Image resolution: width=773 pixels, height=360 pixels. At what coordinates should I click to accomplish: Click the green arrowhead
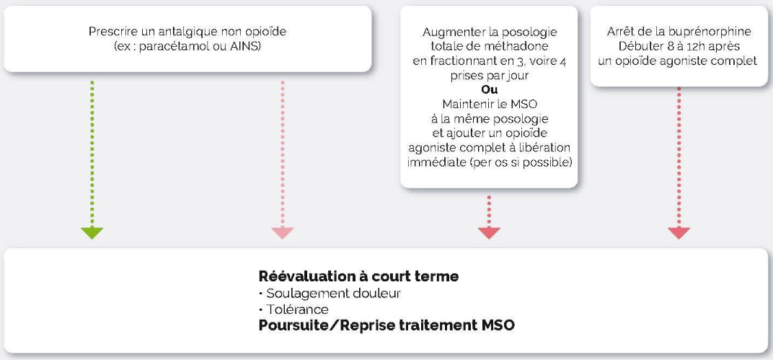coord(92,233)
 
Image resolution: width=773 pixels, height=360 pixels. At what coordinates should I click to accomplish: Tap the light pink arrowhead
coord(283,233)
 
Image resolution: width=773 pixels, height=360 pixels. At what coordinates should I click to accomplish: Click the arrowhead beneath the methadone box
coord(489,233)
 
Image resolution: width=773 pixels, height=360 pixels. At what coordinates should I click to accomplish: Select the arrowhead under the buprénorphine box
coord(679,233)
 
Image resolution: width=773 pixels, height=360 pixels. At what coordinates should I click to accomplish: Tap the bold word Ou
coord(489,90)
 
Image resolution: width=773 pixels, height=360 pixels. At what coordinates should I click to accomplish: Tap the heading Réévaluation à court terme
coord(358,276)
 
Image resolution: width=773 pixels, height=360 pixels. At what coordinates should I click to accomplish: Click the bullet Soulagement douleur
coord(330,294)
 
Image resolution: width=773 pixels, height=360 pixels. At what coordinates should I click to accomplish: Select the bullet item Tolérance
coord(293,309)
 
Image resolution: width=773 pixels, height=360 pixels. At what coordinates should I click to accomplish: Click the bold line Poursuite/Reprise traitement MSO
coord(386,326)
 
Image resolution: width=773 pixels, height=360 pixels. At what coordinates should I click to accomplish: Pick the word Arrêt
coord(620,32)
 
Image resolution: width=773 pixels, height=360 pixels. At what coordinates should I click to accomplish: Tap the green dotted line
coord(92,154)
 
